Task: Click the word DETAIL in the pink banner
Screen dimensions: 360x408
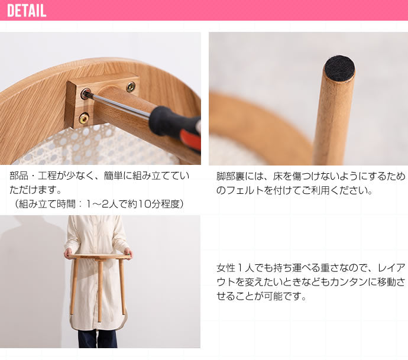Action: tap(27, 11)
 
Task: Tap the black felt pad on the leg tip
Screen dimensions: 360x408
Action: tap(339, 69)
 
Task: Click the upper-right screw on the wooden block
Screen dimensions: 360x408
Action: tap(131, 87)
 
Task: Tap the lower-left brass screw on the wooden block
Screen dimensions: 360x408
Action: tap(84, 118)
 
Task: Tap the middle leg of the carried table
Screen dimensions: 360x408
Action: tap(99, 290)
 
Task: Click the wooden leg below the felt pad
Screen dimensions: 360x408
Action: tap(332, 124)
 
